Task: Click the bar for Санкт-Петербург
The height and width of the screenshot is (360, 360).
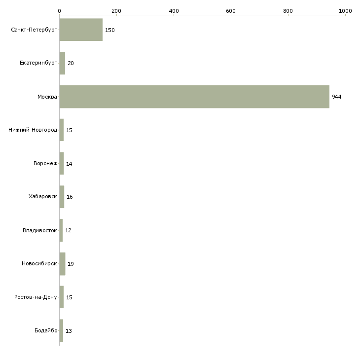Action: tap(81, 30)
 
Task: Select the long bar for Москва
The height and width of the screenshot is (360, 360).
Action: tap(194, 97)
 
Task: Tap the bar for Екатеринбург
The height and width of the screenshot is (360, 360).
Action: tap(63, 63)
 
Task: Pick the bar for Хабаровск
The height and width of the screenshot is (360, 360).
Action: tap(62, 197)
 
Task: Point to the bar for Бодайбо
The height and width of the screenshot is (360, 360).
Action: tap(62, 330)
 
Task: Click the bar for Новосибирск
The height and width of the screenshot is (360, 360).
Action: tap(63, 264)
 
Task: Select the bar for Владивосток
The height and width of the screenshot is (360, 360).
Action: tap(61, 230)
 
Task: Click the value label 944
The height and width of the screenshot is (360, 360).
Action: tap(337, 97)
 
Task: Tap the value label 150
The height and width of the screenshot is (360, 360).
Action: tap(110, 30)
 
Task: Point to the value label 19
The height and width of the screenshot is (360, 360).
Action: tap(71, 264)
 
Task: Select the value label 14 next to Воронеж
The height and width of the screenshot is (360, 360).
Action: tap(69, 164)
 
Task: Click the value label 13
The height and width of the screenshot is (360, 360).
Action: tap(69, 331)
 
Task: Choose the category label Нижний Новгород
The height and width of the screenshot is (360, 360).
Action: tap(33, 130)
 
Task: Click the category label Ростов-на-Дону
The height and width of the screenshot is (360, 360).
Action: tap(36, 297)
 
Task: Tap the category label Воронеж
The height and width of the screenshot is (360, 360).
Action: tap(45, 163)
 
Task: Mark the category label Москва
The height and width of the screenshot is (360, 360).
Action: tap(47, 97)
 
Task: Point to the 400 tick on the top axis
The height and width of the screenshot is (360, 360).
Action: tap(174, 15)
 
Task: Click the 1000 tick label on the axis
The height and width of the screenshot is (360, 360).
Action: tap(345, 11)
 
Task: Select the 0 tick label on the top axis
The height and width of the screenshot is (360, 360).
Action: tap(60, 11)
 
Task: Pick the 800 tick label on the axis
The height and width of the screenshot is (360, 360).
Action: tap(288, 11)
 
